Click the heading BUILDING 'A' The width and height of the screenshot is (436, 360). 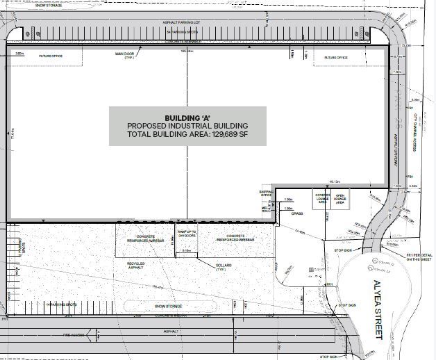click(x=187, y=117)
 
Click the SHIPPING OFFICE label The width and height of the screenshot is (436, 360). click(x=267, y=193)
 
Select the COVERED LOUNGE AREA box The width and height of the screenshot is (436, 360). click(x=322, y=198)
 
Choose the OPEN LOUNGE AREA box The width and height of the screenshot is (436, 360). click(x=340, y=198)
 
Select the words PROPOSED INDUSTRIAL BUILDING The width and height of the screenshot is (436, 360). click(x=187, y=125)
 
